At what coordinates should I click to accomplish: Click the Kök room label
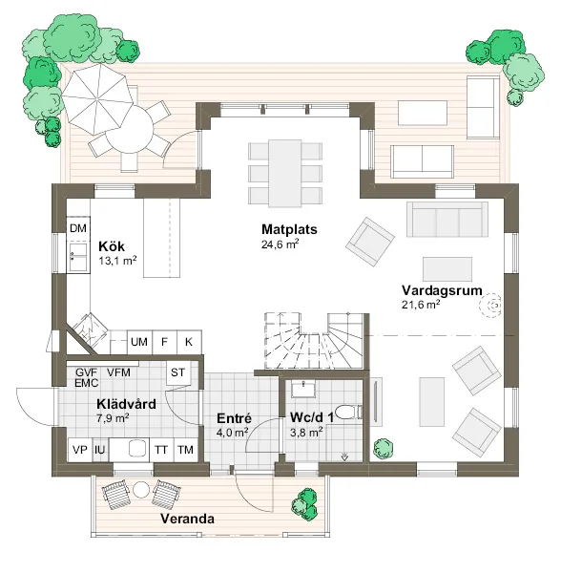(x=112, y=246)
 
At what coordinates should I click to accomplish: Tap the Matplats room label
(x=289, y=229)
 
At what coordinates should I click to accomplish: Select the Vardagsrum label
(x=442, y=291)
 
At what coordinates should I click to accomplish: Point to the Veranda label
(x=187, y=519)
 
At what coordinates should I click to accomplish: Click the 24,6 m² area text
(x=280, y=244)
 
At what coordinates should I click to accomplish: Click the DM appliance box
(x=78, y=229)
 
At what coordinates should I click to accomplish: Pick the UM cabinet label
(x=139, y=342)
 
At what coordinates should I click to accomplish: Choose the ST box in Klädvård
(x=177, y=372)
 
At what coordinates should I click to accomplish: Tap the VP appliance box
(x=80, y=450)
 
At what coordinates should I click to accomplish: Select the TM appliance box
(x=185, y=450)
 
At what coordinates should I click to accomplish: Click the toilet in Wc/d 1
(x=348, y=412)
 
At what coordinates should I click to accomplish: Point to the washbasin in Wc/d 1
(x=303, y=389)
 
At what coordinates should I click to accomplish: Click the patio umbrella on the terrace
(x=97, y=97)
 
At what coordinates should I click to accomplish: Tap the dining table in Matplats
(x=285, y=173)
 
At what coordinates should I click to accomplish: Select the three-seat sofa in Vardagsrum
(x=447, y=220)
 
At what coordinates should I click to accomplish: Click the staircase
(x=314, y=341)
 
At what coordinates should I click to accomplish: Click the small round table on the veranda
(x=141, y=490)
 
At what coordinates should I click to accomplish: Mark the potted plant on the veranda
(x=304, y=504)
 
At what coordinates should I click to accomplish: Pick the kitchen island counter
(x=162, y=238)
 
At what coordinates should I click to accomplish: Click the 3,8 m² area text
(x=306, y=433)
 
